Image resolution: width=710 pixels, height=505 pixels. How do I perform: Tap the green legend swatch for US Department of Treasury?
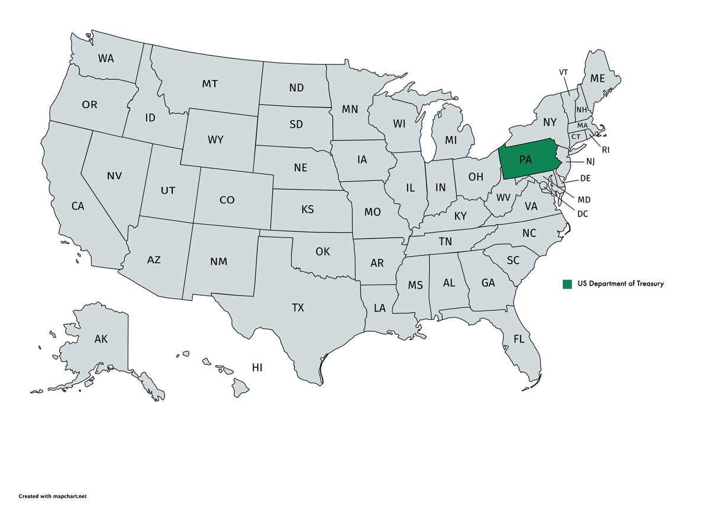click(567, 284)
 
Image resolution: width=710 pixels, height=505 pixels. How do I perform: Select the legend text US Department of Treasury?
click(621, 284)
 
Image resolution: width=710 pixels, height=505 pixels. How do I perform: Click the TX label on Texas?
click(298, 307)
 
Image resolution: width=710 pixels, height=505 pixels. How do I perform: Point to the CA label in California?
click(78, 206)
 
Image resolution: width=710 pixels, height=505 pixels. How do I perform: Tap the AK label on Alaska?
click(101, 339)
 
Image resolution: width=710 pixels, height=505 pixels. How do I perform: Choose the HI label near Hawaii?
click(257, 367)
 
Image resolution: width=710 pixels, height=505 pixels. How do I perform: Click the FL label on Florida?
click(519, 339)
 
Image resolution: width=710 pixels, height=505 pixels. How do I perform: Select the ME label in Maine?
click(598, 79)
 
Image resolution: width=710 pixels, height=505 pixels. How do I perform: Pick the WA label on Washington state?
click(106, 59)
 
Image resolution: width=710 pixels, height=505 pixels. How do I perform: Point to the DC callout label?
click(583, 213)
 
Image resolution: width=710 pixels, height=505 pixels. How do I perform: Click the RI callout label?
click(605, 150)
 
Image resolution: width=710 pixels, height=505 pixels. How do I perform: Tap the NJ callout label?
click(590, 161)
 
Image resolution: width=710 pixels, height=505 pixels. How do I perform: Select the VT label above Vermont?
click(564, 72)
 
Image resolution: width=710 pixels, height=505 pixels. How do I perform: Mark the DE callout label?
click(586, 178)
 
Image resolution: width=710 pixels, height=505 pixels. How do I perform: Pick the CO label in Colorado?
click(227, 200)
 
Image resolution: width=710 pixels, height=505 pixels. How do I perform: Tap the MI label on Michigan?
click(451, 140)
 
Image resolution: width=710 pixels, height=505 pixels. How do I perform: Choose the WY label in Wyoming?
click(215, 140)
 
